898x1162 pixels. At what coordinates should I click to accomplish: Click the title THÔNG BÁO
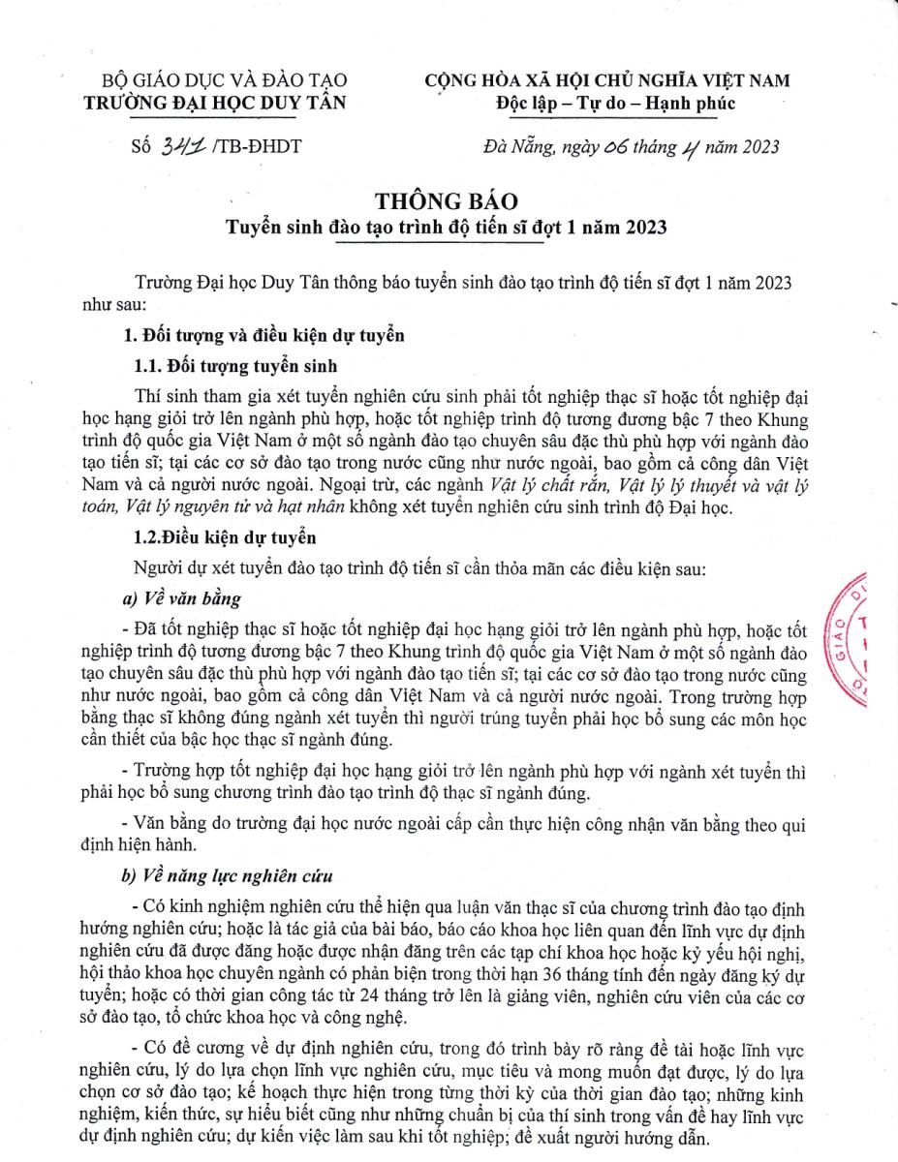[449, 202]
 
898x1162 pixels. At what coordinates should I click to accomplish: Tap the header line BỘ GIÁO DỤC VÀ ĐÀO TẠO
[225, 80]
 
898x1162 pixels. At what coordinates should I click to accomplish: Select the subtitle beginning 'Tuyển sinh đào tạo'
[448, 228]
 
